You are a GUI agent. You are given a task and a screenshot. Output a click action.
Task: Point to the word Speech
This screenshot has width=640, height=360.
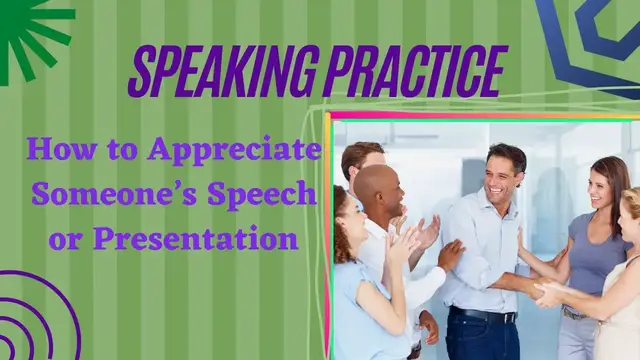tap(262, 196)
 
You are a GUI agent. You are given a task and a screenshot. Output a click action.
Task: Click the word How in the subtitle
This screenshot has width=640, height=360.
tap(56, 151)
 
